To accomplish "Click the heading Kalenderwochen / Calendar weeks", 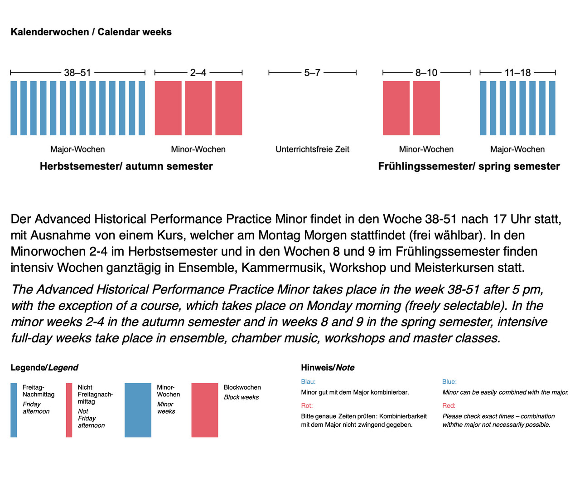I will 91,32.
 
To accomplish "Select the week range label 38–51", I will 77,73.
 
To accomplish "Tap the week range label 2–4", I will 198,73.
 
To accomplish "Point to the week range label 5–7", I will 312,73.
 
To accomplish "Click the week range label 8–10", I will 426,73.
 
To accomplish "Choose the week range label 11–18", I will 517,73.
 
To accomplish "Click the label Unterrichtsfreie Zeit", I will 312,149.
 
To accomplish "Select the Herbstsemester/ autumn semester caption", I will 126,166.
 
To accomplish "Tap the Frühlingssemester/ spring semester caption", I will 469,166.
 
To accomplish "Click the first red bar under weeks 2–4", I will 168,108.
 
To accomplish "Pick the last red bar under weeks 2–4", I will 228,108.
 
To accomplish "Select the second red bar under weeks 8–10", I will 426,108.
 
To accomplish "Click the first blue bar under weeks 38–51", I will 14,108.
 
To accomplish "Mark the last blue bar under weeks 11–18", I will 552,108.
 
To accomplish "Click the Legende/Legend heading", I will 44,368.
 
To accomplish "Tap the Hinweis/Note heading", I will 328,368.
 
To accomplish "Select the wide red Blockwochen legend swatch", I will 204,410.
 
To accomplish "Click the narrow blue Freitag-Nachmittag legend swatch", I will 14,410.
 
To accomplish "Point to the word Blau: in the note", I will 308,382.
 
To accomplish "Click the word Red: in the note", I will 449,406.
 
